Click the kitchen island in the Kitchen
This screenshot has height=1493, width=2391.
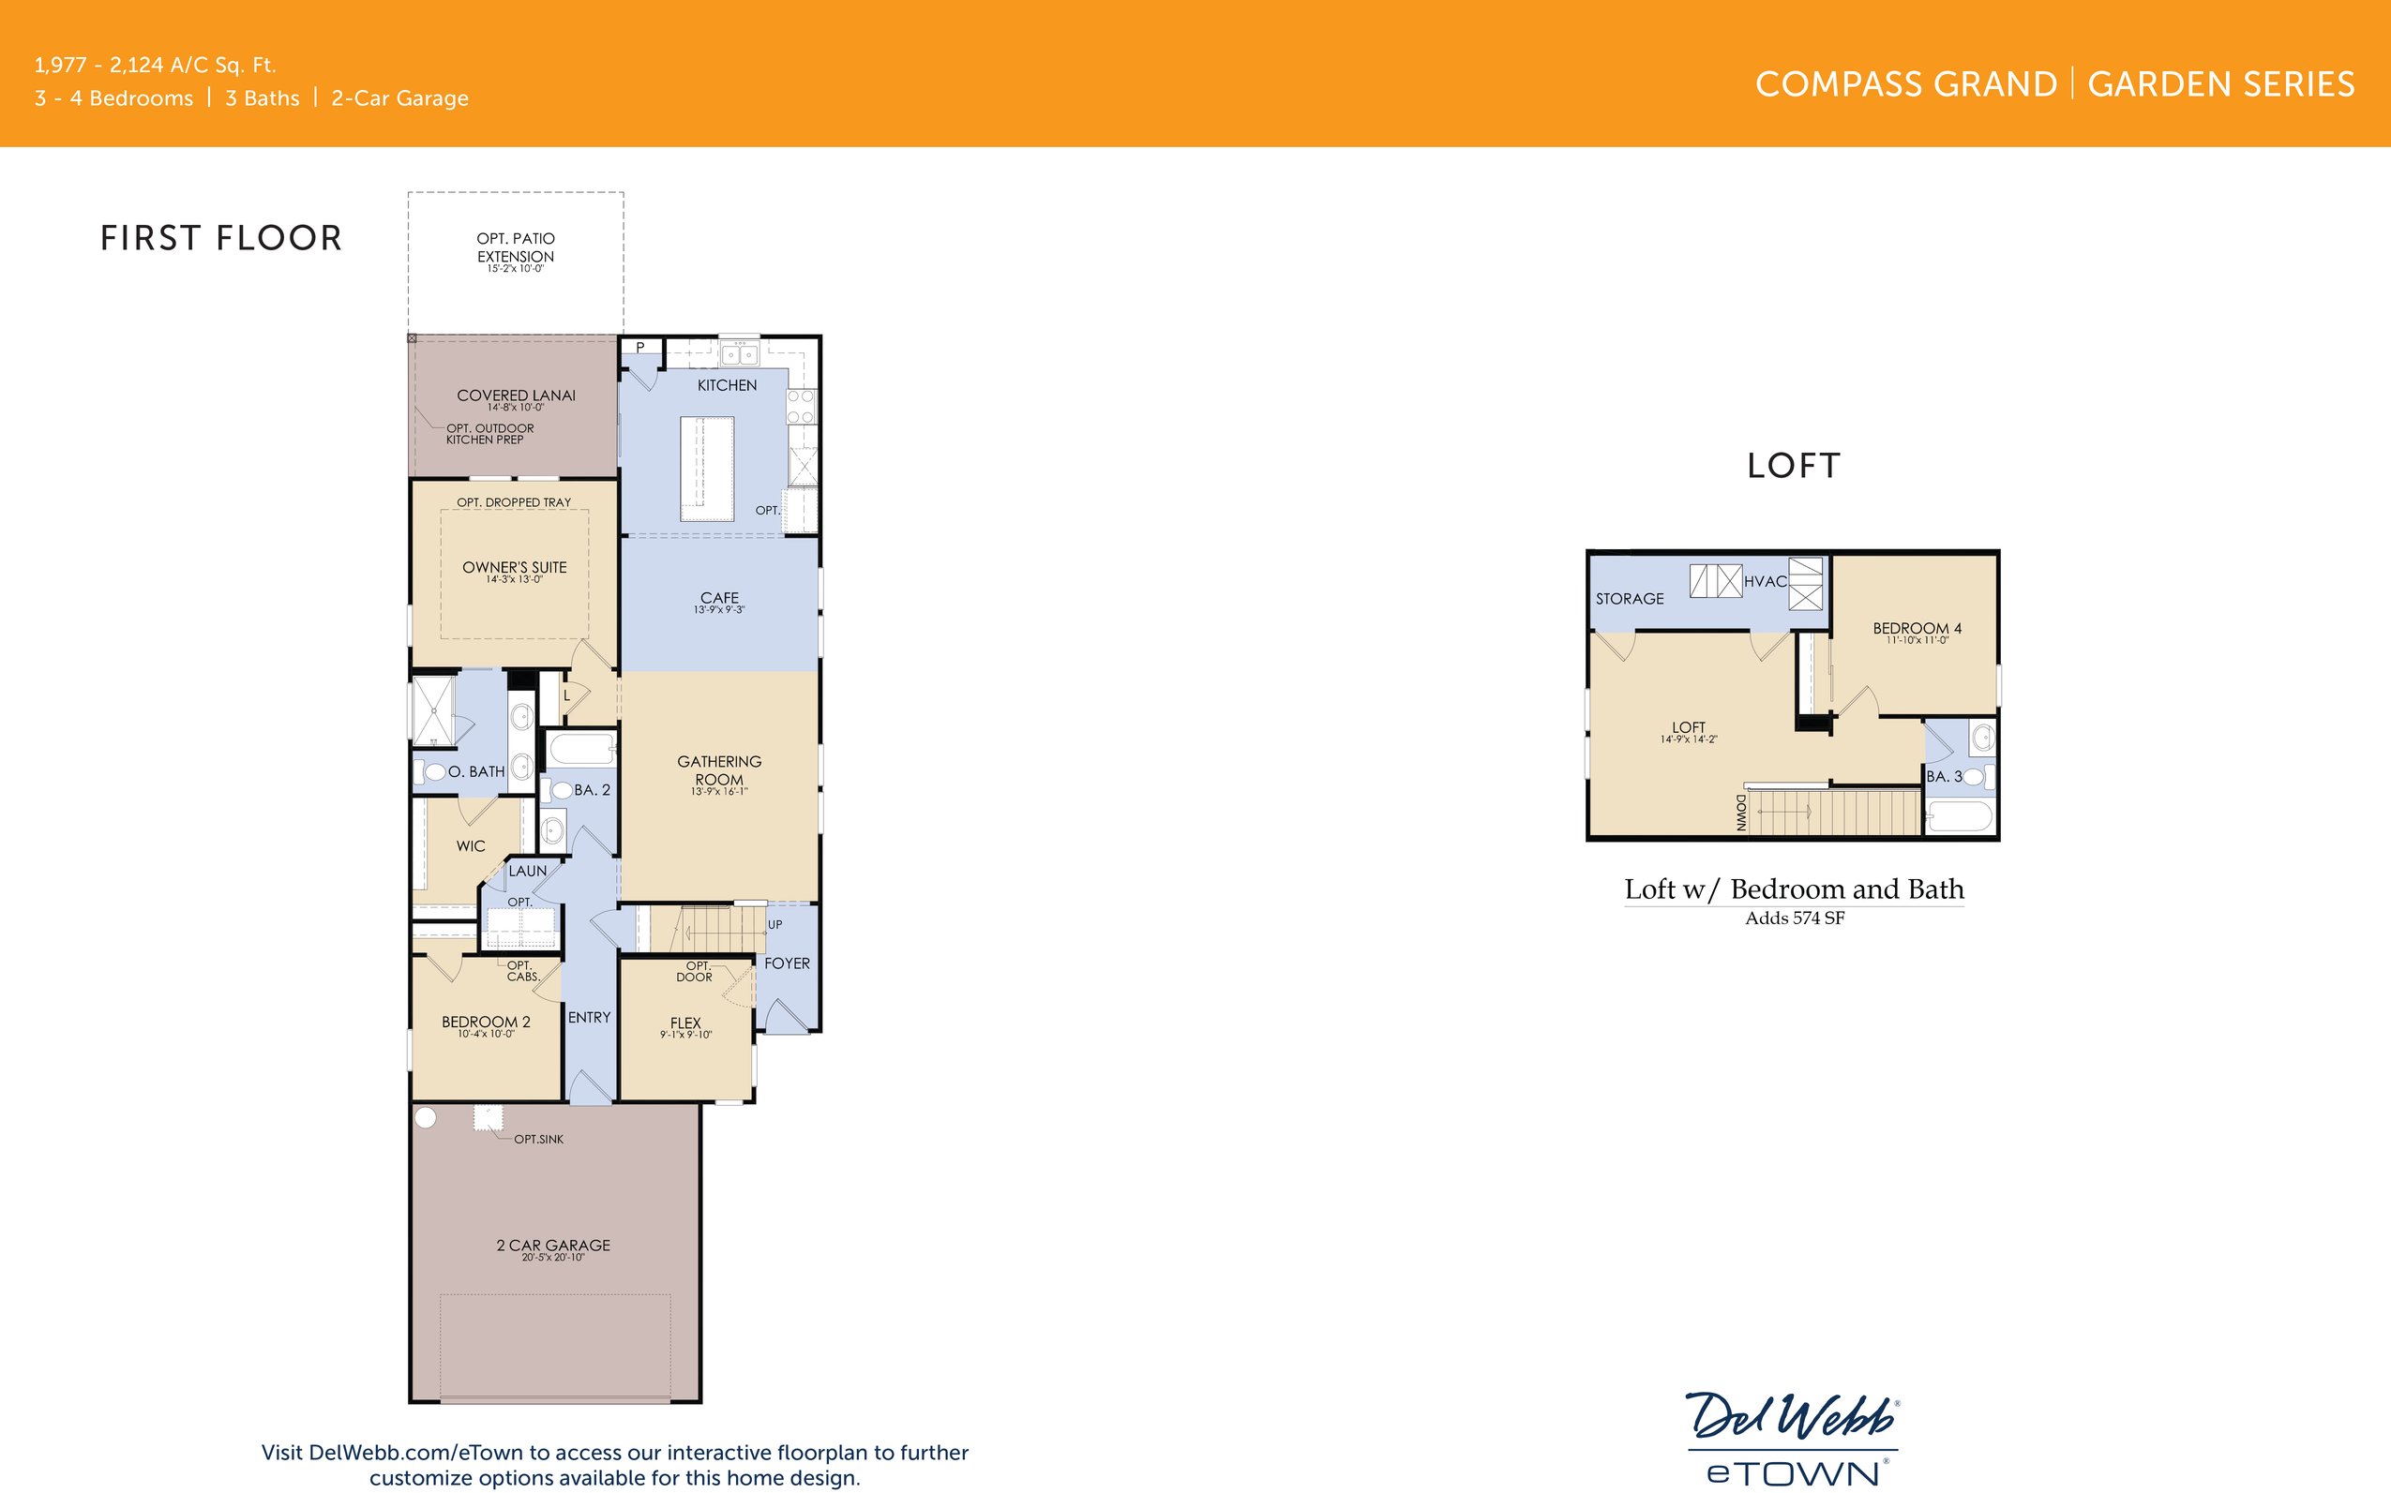(x=707, y=468)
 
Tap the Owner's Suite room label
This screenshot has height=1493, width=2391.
(x=515, y=568)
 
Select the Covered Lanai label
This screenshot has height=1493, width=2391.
(x=516, y=396)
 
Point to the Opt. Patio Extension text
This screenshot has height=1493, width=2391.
(x=516, y=247)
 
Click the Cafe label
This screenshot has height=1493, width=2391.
(x=719, y=598)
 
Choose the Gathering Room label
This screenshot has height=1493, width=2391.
(x=719, y=770)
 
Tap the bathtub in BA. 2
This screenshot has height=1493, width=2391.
(x=580, y=748)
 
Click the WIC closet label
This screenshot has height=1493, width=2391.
(x=470, y=846)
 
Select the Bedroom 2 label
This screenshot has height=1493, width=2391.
(x=486, y=1022)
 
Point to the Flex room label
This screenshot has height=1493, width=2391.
(x=685, y=1023)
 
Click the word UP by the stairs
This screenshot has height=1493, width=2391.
(x=774, y=925)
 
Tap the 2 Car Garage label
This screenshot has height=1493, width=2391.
(x=553, y=1247)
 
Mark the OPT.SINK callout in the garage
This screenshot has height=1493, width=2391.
(x=538, y=1140)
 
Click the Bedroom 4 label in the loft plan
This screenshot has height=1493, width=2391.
(x=1917, y=629)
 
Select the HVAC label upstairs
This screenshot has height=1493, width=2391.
(x=1765, y=582)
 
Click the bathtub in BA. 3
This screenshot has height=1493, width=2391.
(x=1960, y=817)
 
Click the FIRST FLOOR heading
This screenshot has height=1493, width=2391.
(x=221, y=238)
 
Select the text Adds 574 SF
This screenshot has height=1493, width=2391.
(x=1795, y=918)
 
